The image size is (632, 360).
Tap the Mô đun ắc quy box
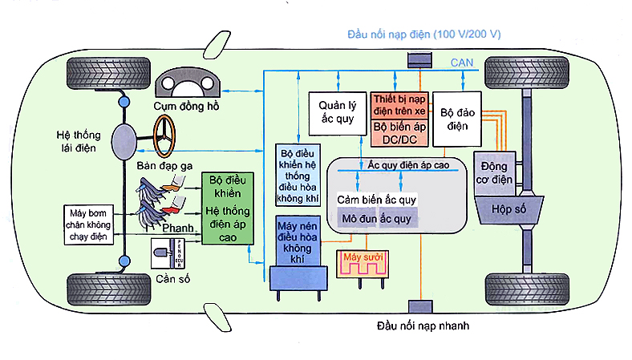pos(375,218)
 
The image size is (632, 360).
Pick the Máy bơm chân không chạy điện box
pos(90,224)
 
